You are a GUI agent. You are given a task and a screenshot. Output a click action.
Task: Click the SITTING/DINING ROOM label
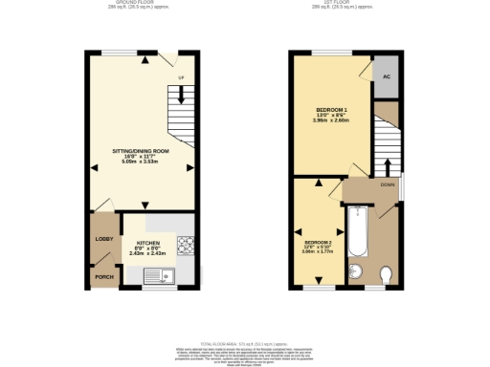point(141,151)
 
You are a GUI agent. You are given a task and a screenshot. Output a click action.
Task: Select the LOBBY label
point(103,238)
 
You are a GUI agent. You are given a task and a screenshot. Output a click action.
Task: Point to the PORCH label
point(103,277)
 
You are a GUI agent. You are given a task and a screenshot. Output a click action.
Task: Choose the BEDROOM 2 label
point(316,244)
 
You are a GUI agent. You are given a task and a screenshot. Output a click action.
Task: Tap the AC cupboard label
point(387,76)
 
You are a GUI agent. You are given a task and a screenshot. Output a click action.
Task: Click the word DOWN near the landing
point(388,184)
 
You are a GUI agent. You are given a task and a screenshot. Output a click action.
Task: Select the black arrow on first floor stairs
point(387,153)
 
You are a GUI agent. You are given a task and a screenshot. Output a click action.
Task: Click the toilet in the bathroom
point(386,275)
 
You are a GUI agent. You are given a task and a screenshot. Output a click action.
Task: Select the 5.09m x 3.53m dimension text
point(141,162)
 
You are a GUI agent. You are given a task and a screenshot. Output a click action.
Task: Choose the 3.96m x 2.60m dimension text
point(331,119)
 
